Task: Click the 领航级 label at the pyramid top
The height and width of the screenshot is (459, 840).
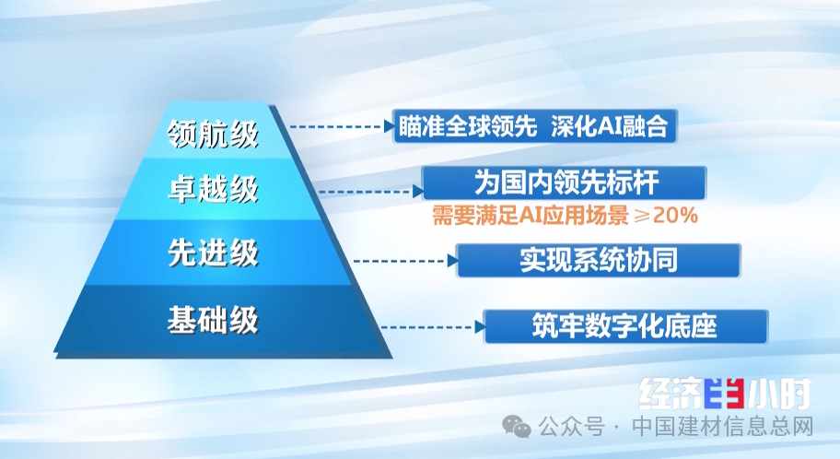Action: (213, 133)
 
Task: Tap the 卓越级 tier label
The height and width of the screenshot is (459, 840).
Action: (213, 189)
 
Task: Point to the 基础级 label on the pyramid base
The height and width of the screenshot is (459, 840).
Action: (213, 320)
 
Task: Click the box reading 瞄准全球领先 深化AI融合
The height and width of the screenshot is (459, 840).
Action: (535, 126)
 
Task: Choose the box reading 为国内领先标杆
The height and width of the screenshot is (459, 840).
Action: (565, 182)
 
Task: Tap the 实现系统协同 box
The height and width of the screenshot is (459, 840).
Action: (599, 260)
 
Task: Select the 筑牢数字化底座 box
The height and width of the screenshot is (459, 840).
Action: (625, 326)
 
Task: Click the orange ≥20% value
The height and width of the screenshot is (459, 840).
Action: (666, 216)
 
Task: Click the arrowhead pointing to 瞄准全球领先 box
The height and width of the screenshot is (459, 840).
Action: (390, 126)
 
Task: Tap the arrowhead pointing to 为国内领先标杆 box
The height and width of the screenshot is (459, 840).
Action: (418, 191)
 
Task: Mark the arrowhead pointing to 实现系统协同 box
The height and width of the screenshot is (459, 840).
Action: (453, 261)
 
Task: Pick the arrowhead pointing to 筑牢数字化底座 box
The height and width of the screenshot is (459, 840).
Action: (481, 326)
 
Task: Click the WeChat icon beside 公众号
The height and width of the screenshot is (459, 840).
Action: (517, 428)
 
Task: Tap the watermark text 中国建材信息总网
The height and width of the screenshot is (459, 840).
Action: (723, 428)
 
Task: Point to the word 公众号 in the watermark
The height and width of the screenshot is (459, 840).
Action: (572, 428)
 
